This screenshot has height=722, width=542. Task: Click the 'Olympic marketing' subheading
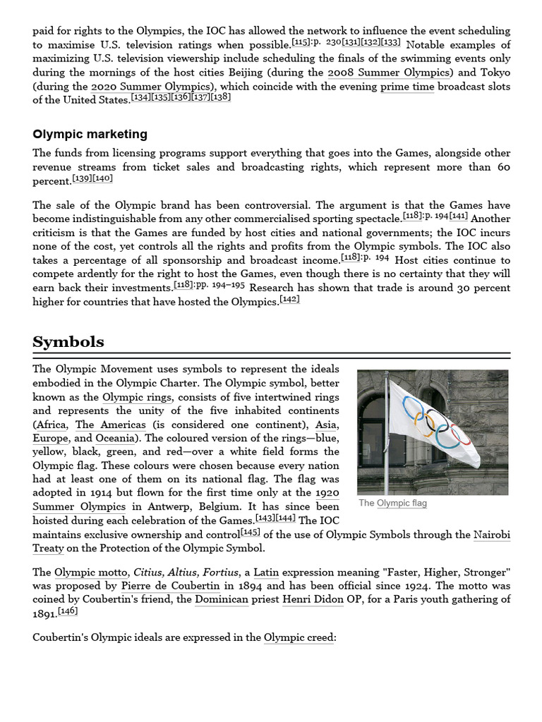coord(90,134)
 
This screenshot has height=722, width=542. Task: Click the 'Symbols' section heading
coord(68,342)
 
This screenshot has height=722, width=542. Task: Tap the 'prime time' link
coord(407,87)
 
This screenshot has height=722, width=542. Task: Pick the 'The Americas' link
coord(111,424)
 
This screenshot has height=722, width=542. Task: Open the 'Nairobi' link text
coord(492,534)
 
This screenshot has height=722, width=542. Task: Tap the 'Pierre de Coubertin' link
coord(170,586)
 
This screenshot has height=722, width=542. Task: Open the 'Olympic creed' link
coord(299,637)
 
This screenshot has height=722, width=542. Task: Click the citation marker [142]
coord(289,299)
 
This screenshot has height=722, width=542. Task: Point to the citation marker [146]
coord(68,611)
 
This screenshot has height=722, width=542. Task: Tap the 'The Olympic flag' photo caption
coord(392,503)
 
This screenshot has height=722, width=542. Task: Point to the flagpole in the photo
coord(386,451)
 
